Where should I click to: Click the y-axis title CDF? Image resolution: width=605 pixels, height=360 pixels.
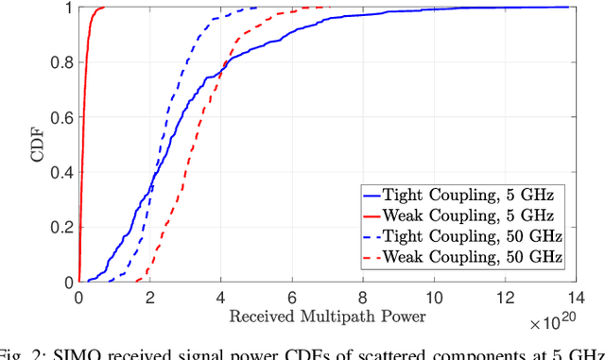(x=37, y=145)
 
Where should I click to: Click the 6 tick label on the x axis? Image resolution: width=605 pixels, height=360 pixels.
(x=291, y=297)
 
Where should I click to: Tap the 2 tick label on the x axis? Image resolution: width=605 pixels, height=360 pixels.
(x=149, y=297)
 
